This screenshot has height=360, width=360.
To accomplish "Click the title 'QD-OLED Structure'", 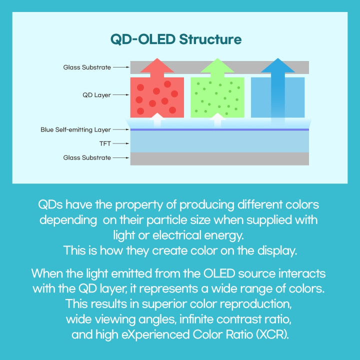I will [176, 39].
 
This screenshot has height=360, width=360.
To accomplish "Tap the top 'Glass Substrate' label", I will [87, 67].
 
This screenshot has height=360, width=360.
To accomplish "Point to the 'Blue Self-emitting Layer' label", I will [75, 130].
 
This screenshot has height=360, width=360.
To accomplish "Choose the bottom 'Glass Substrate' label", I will [87, 157].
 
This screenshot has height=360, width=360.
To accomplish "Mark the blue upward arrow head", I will [277, 65].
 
